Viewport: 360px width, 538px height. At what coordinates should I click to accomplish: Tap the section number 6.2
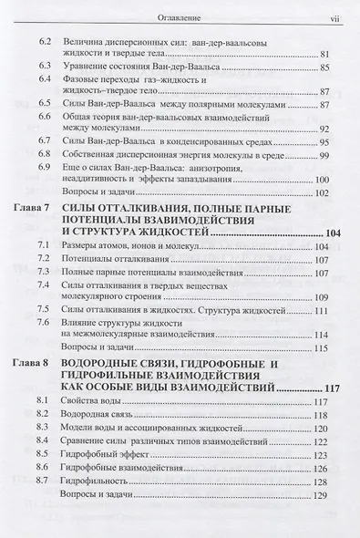click(x=43, y=42)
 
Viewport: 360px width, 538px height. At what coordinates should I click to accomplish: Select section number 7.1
click(x=43, y=248)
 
